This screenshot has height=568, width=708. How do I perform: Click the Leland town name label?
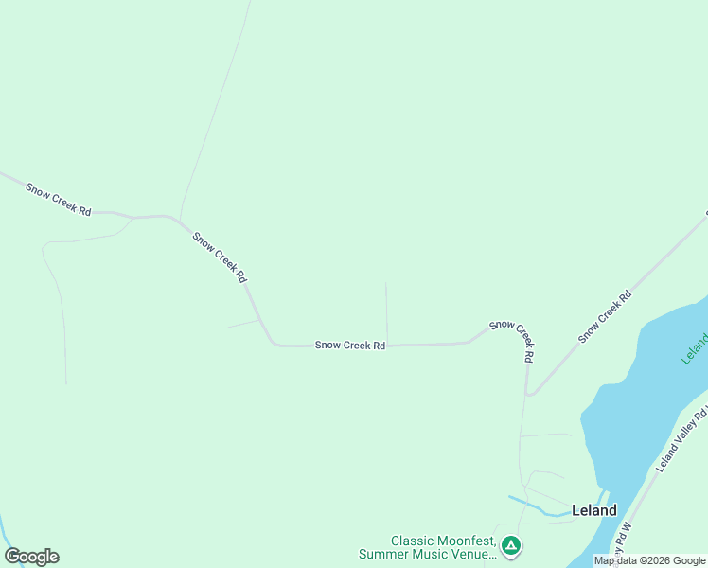point(594,510)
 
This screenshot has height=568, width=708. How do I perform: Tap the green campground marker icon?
point(510,545)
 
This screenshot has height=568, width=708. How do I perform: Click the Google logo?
point(31,557)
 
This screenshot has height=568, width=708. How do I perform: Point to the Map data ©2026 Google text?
point(649,561)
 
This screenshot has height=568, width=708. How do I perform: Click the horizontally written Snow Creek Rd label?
point(350,346)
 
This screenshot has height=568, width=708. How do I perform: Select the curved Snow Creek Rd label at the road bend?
point(514,339)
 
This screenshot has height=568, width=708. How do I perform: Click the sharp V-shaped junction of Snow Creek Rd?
point(528,394)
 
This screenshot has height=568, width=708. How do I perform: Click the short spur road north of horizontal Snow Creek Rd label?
point(386,312)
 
